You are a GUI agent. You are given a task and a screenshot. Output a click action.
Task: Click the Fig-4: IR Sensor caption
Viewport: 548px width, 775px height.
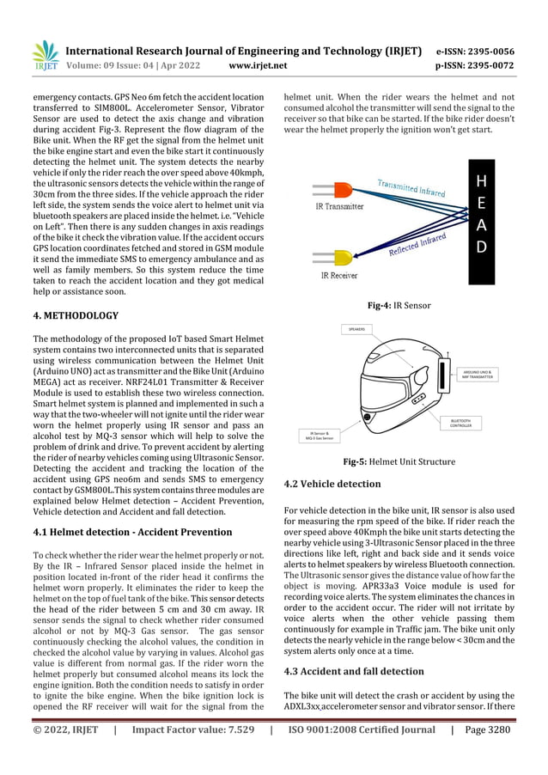(399, 305)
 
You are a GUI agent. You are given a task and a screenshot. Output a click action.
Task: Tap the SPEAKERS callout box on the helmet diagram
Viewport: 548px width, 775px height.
(357, 329)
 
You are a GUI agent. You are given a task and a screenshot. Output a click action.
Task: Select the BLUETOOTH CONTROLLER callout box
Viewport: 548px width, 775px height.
(469, 422)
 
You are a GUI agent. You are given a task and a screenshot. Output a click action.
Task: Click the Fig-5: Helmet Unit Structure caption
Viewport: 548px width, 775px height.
(399, 462)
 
